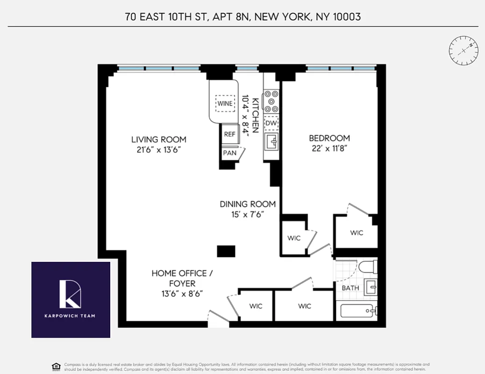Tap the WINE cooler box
224,103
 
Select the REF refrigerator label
229,134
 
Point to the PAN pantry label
229,153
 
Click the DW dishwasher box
271,123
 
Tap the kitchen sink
271,140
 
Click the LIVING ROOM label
158,139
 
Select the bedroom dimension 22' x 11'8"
329,149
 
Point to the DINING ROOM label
248,204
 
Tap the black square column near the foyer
226,251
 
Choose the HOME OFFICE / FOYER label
182,278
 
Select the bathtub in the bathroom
357,311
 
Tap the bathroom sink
372,287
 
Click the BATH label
350,288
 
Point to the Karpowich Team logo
71,300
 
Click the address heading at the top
243,17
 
